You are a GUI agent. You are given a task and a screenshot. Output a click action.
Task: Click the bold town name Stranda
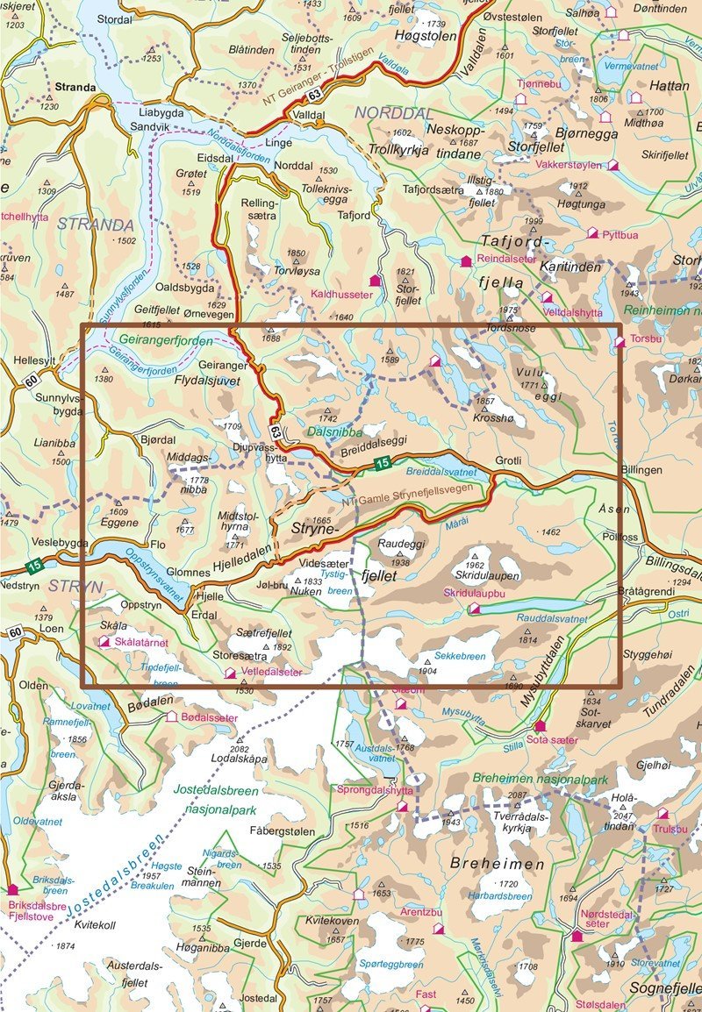73,88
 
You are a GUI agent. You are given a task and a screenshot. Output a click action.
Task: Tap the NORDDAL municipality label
394,114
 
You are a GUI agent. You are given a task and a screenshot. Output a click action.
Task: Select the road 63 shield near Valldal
313,94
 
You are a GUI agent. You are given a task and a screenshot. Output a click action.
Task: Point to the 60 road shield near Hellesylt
32,379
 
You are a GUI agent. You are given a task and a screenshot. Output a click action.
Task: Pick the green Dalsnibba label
336,431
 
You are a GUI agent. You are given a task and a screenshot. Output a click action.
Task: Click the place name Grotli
510,460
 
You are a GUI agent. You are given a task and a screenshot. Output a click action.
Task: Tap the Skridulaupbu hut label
509,594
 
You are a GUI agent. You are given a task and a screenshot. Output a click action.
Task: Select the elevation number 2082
239,748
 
